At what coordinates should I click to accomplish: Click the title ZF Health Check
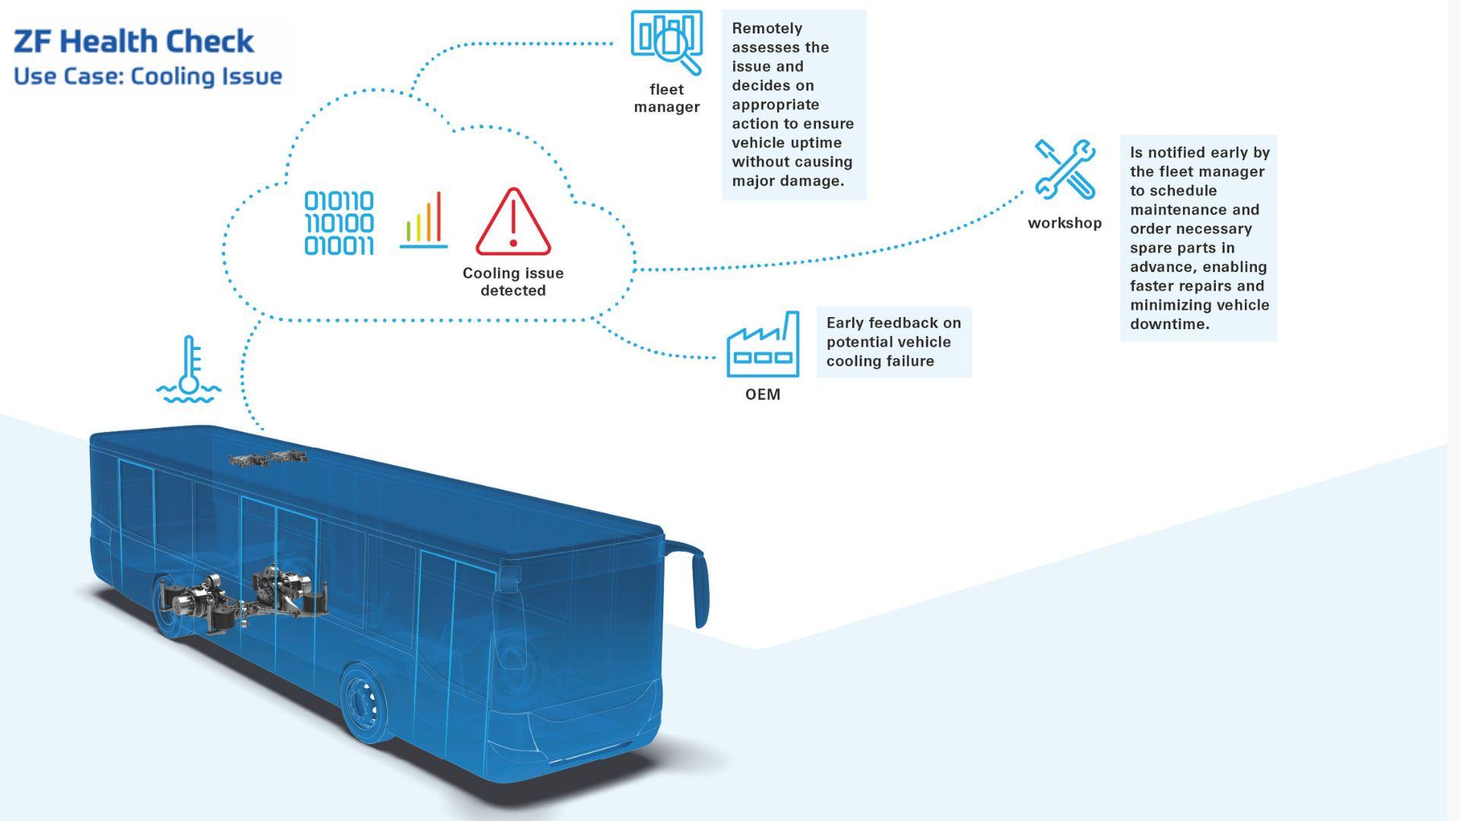134,42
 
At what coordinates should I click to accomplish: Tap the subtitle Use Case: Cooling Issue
148,77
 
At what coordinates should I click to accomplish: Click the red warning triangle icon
513,223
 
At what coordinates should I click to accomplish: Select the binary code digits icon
339,223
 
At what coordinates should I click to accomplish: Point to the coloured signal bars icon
424,220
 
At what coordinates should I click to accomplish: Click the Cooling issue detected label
513,281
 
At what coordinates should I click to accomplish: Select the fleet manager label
667,98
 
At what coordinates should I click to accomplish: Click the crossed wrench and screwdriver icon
1065,170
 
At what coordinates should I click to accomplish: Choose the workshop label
1065,223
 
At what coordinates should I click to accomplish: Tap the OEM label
763,394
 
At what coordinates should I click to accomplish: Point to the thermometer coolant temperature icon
189,370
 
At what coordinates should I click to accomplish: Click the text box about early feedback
893,342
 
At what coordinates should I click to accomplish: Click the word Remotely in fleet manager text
767,29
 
